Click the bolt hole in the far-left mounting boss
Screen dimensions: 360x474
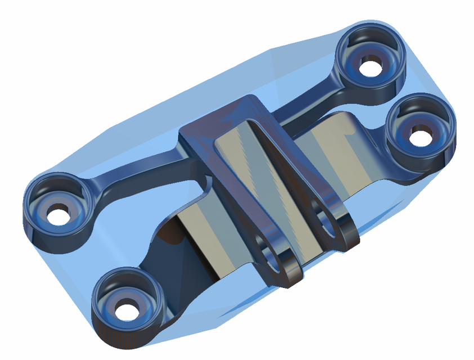pyautogui.click(x=57, y=214)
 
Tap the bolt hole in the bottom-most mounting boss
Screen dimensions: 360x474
pyautogui.click(x=128, y=309)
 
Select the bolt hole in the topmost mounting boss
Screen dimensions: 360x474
pyautogui.click(x=370, y=68)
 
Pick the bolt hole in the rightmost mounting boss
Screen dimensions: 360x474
pyautogui.click(x=419, y=135)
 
